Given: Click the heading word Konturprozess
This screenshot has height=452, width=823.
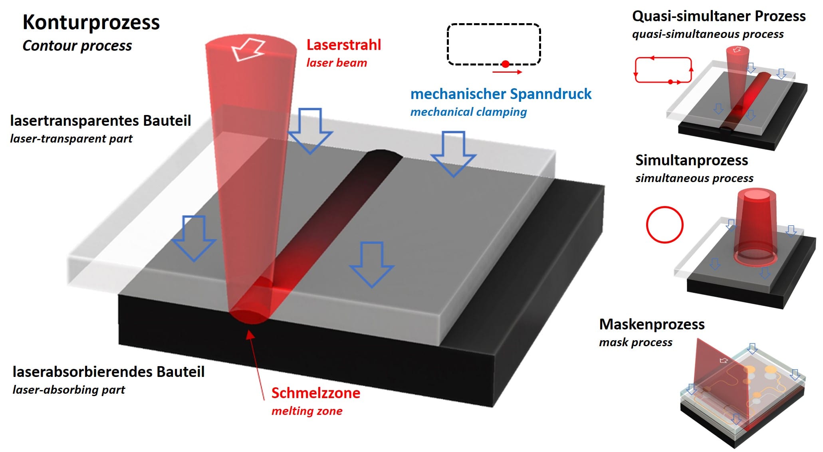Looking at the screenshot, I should (91, 22).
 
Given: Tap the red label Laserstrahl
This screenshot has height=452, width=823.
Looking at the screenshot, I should (343, 45).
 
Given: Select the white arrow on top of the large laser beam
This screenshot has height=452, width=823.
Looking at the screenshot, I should (248, 50).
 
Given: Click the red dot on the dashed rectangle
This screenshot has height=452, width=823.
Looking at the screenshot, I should (506, 64).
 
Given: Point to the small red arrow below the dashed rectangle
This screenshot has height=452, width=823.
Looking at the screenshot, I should (507, 72).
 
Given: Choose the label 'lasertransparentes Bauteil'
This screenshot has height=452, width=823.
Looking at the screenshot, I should (101, 121).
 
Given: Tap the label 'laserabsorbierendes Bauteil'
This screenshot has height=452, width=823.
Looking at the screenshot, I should (108, 372).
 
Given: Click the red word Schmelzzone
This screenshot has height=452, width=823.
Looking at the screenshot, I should (316, 393).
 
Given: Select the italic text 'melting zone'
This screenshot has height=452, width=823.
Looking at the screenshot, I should (307, 411).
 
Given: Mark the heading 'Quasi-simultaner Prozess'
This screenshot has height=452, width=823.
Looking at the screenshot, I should (719, 16).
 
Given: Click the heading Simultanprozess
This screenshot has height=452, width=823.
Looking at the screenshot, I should (692, 160).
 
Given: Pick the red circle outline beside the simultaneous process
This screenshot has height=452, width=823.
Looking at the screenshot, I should (664, 225).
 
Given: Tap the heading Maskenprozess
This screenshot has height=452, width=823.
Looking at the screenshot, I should (652, 324).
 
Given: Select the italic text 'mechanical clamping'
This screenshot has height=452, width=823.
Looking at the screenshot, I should (468, 112).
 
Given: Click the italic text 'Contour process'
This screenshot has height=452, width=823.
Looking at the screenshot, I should (77, 46).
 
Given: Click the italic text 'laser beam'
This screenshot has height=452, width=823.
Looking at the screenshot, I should (336, 63).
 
